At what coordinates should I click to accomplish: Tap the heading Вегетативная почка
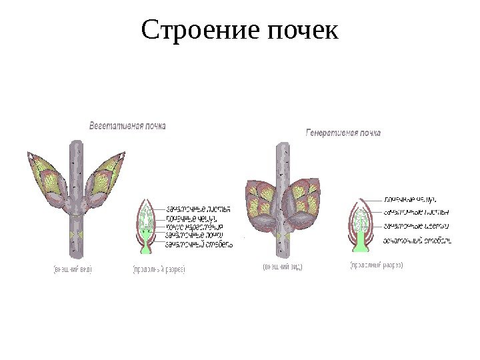128,125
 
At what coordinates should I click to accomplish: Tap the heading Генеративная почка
343,133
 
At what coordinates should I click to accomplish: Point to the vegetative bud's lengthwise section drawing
146,225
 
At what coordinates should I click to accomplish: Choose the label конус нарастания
194,227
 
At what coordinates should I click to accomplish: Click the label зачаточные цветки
417,225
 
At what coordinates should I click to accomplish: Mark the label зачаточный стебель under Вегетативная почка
199,244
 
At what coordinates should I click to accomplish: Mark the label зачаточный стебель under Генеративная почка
417,240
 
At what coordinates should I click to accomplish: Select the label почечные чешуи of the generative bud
410,199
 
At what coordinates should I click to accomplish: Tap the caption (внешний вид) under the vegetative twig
72,270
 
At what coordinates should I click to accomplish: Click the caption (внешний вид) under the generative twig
282,267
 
